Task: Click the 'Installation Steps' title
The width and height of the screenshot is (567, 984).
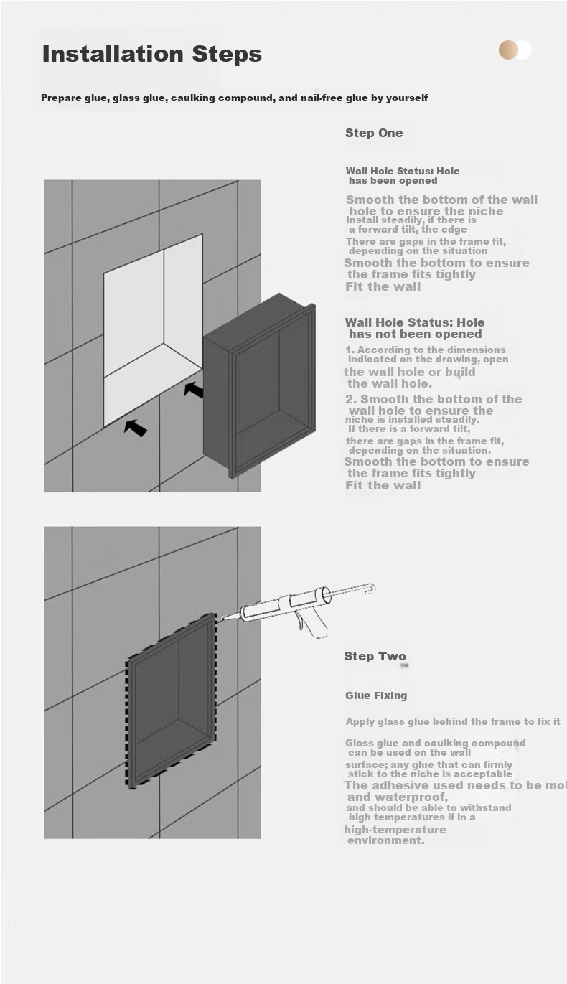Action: click(152, 55)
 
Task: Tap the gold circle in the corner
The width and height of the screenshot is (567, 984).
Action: click(508, 50)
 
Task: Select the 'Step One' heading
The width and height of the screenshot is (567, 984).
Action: click(374, 133)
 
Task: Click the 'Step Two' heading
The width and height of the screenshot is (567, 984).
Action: click(375, 656)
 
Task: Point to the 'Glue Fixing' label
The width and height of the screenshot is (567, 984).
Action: click(376, 695)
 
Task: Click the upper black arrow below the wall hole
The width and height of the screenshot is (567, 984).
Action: click(194, 389)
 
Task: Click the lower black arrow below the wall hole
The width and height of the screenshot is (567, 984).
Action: click(135, 428)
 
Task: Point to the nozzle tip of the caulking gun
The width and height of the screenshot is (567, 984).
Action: click(222, 619)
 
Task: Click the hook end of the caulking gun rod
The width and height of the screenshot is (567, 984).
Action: click(370, 589)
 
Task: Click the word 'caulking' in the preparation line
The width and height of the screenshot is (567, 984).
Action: click(192, 98)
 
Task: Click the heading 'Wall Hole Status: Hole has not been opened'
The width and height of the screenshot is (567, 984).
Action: click(415, 328)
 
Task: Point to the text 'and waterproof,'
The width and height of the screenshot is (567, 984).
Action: click(398, 797)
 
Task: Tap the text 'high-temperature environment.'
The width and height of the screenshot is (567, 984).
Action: click(395, 835)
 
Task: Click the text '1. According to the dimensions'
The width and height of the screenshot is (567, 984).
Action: click(426, 350)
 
